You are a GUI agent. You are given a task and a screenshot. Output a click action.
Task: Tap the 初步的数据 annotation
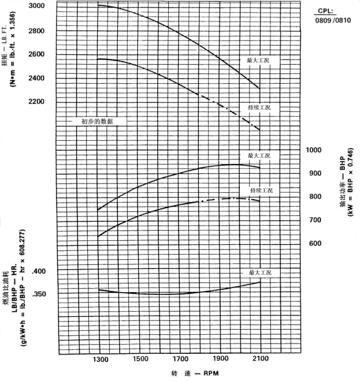(97, 122)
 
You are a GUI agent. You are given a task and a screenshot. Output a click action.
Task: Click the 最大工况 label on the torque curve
(259, 60)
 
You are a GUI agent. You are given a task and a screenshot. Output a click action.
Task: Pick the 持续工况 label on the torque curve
(259, 108)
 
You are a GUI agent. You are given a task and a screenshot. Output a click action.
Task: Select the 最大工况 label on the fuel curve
(259, 272)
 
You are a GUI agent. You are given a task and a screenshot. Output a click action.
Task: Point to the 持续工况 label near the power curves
(261, 190)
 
